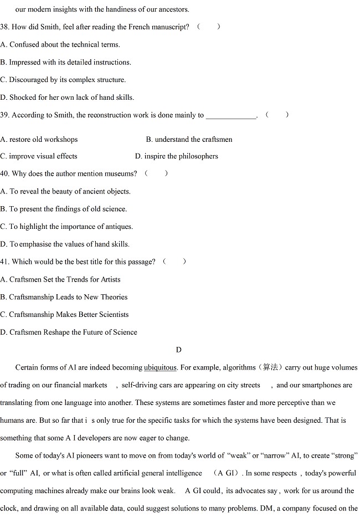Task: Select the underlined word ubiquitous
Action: pos(160,367)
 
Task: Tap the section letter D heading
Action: pos(178,350)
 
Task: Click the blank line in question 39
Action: pos(231,115)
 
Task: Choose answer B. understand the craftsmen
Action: pos(189,140)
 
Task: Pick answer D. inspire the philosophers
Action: pos(176,156)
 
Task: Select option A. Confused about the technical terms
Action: pos(60,44)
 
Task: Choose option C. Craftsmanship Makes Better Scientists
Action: pos(64,314)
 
